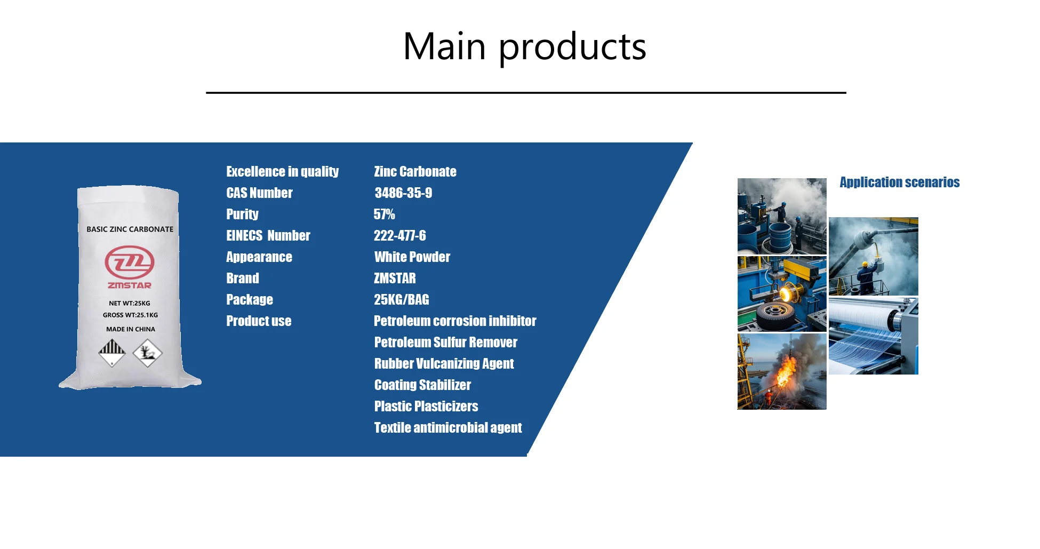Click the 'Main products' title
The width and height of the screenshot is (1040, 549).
point(524,46)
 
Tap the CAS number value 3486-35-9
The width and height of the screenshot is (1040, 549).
point(403,193)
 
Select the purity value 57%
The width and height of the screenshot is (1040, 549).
point(384,214)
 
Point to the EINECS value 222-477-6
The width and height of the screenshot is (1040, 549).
point(399,235)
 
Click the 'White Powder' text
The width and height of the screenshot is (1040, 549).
point(412,257)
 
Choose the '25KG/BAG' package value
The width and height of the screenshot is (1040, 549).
point(401,299)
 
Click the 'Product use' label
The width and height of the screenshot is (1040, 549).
point(259,321)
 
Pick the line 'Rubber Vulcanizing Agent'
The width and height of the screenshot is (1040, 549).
point(444,363)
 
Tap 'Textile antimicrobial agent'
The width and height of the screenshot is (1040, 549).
point(448,427)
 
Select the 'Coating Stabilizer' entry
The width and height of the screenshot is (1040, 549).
point(422,385)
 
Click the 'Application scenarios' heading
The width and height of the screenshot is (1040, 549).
point(900,182)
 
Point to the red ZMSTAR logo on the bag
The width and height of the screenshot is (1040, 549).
point(130,267)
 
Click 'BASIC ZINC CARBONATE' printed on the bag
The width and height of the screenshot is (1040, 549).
point(130,229)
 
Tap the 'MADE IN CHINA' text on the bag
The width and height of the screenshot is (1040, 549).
point(131,329)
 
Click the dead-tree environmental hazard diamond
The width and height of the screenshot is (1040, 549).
point(147,353)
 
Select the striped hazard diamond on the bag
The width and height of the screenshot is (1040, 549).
point(112,353)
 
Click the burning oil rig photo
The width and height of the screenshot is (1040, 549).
point(782,371)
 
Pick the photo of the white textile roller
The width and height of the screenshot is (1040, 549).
point(874,336)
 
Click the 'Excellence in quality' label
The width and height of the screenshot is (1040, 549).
point(282,171)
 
